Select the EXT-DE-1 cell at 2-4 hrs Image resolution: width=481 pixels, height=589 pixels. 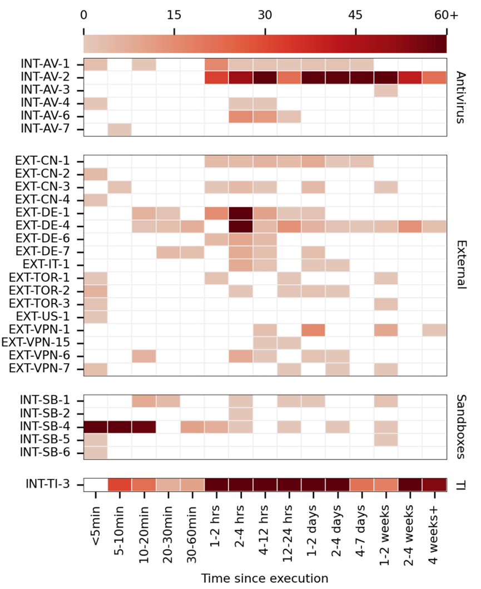[240, 213]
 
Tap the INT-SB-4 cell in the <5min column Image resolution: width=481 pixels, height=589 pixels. [96, 427]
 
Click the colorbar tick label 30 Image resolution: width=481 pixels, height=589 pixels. [265, 16]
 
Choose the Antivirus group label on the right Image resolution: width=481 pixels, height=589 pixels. [459, 97]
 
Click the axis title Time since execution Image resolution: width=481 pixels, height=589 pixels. [265, 578]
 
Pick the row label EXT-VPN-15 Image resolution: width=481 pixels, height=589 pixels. [43, 343]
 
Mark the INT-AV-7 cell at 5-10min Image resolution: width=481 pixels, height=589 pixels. [120, 130]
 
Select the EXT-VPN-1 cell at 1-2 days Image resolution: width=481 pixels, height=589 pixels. [313, 330]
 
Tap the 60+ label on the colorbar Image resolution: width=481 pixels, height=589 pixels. [446, 16]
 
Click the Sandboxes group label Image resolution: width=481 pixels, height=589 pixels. [459, 427]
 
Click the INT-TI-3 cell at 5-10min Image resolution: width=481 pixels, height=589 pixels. [120, 484]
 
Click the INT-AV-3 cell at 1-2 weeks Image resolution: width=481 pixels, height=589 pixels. [385, 91]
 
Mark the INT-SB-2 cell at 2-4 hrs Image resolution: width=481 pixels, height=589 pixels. [240, 414]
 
